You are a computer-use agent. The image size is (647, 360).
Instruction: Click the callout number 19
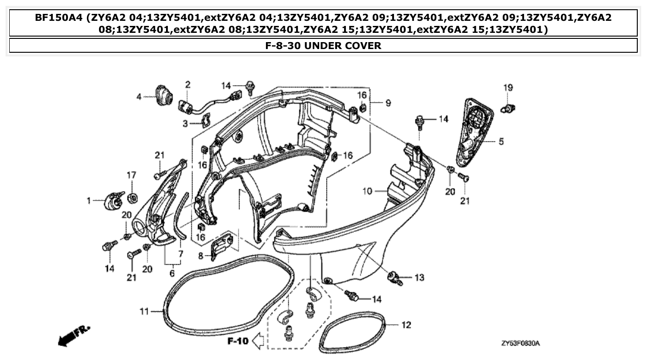[x=508, y=87]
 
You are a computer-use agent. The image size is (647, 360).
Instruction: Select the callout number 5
[x=501, y=142]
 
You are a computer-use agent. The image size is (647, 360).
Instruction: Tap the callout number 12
[x=406, y=325]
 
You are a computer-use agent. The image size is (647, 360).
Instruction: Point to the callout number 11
[x=144, y=311]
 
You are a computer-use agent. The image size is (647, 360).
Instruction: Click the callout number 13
[x=419, y=278]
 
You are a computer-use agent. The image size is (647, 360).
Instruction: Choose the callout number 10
[x=367, y=191]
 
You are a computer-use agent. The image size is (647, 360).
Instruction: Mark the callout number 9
[x=388, y=103]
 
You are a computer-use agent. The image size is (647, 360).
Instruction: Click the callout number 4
[x=139, y=97]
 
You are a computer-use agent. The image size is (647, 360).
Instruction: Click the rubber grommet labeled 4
[x=163, y=95]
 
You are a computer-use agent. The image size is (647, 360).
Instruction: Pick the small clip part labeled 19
[x=509, y=109]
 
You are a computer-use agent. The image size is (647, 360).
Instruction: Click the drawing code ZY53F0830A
[x=520, y=343]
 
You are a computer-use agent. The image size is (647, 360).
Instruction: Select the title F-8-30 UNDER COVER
[x=323, y=45]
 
